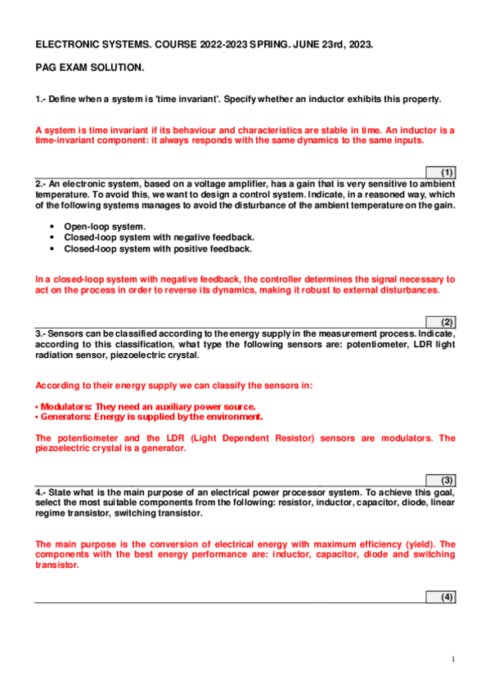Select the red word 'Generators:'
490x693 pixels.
tap(66, 417)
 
